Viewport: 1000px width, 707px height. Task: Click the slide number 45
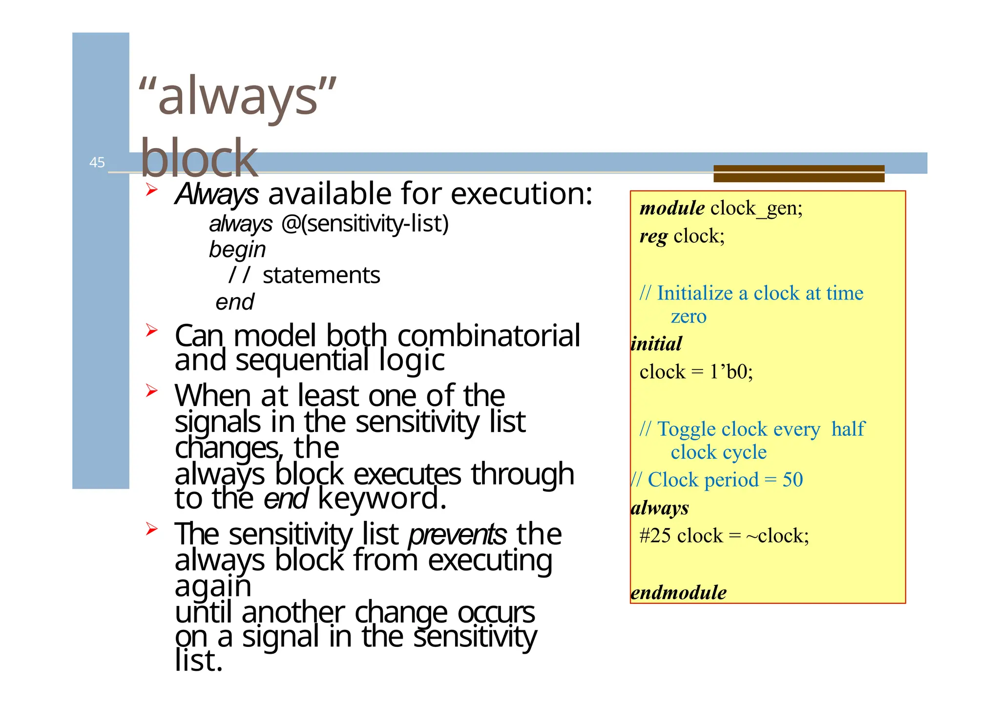tap(97, 162)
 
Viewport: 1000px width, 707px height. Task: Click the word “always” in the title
tap(237, 97)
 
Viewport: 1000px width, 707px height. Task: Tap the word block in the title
tap(199, 158)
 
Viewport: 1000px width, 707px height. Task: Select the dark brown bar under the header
tap(798, 173)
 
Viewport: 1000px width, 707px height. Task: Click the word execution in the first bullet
tap(521, 193)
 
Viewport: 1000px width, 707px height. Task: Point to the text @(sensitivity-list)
tap(365, 224)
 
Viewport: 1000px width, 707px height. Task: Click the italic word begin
tap(237, 250)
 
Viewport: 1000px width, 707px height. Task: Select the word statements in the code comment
tap(321, 275)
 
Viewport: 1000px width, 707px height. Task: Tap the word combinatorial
tap(489, 336)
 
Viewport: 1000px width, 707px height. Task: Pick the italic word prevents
tap(458, 534)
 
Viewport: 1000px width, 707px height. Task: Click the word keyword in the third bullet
tap(382, 498)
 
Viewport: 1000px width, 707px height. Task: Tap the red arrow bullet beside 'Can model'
tap(151, 331)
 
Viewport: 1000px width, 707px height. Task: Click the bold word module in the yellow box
tap(672, 209)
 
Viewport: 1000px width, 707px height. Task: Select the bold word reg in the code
tap(653, 236)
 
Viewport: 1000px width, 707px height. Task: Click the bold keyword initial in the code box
tap(656, 344)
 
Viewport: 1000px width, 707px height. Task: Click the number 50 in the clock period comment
tap(792, 480)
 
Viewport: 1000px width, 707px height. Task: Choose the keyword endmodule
tap(678, 593)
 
